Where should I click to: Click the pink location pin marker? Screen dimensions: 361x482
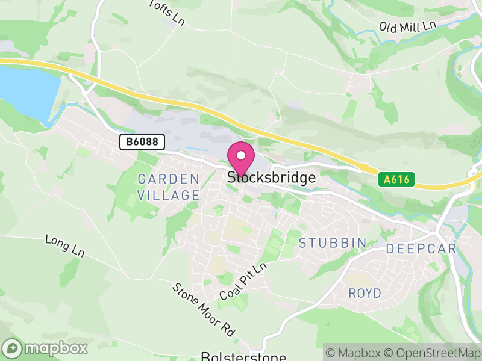pos(241,159)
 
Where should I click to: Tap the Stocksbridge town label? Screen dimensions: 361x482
pos(271,177)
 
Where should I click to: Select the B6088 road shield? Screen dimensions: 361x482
pos(142,142)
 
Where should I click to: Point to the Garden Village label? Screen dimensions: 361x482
pos(168,187)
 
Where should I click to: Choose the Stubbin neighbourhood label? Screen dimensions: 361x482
pos(333,243)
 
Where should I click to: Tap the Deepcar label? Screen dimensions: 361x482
pos(421,249)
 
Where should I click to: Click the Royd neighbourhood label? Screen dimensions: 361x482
pos(365,293)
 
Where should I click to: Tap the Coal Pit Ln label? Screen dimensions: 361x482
pos(243,282)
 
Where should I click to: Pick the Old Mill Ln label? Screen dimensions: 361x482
pos(407,26)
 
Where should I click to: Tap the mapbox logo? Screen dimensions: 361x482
pos(46,348)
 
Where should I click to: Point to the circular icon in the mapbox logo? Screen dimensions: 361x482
pos(13,348)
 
